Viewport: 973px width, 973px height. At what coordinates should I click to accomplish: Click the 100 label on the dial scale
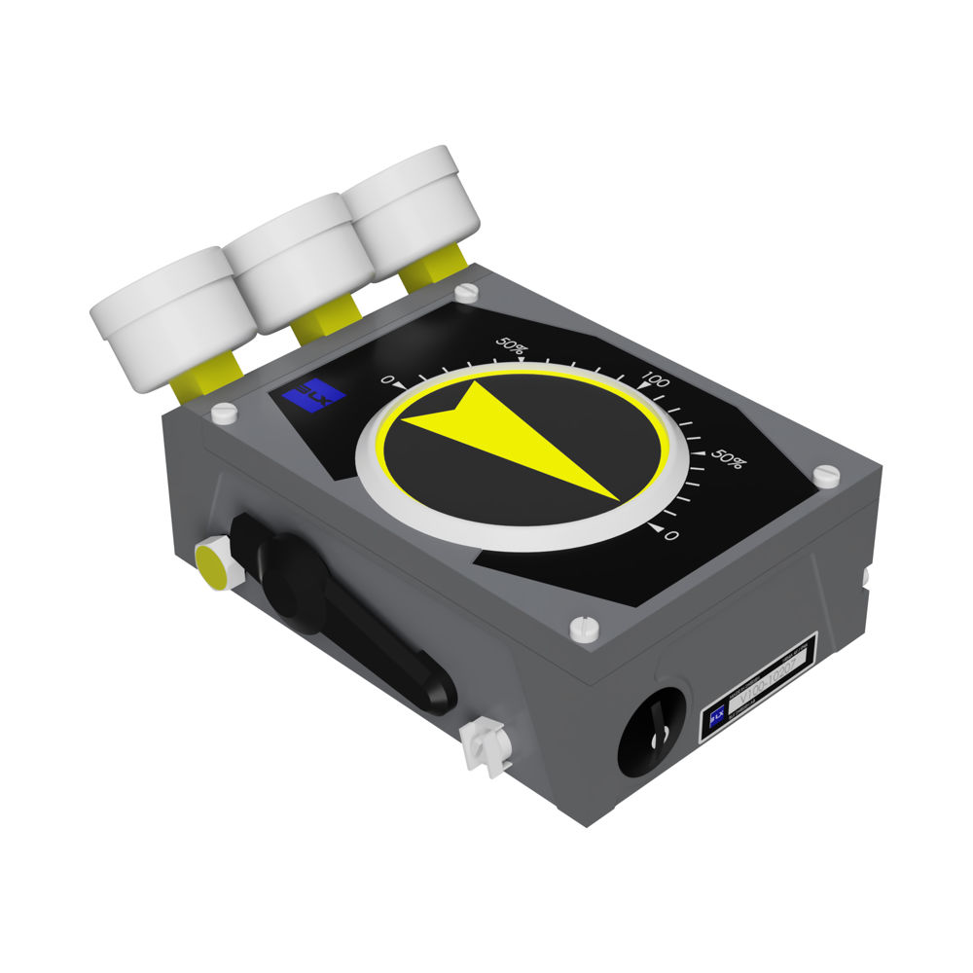coord(656,379)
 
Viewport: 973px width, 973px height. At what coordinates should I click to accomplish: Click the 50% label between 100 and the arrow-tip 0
coord(727,459)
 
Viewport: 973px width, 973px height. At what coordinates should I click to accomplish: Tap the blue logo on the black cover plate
coord(313,395)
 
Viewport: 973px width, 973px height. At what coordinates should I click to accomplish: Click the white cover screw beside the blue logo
coord(224,413)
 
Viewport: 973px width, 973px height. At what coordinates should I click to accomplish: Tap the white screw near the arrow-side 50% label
coord(825,475)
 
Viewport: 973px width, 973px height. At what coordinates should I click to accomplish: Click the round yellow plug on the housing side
coord(212,564)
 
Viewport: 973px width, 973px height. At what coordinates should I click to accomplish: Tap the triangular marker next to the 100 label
coord(641,387)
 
